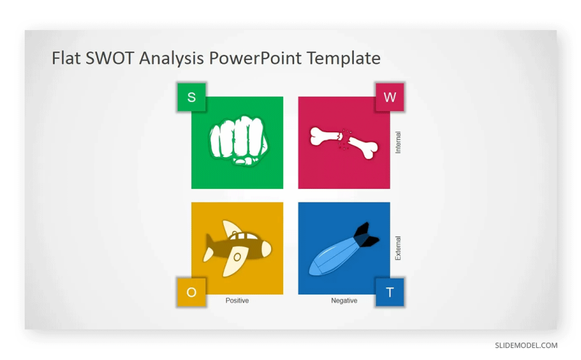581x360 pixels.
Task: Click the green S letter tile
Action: tap(192, 97)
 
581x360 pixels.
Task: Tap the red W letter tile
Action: tap(390, 97)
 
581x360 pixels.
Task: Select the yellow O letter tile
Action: tap(192, 293)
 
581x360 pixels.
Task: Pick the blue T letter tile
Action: tap(390, 293)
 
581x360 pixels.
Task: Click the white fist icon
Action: tap(238, 140)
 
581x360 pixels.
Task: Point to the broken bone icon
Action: tap(344, 143)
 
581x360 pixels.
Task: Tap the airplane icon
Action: tap(237, 248)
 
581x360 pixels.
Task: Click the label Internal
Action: tap(398, 142)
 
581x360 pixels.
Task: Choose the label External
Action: tap(398, 248)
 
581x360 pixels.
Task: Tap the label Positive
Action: tap(237, 301)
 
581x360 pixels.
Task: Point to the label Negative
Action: tap(344, 301)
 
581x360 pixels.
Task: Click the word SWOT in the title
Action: tap(110, 58)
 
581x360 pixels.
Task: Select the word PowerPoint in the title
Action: tap(255, 58)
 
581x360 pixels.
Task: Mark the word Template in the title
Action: tap(344, 59)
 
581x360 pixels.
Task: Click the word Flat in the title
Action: tap(66, 58)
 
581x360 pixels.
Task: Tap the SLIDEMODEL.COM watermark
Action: tap(526, 345)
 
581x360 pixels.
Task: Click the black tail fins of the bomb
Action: tap(366, 235)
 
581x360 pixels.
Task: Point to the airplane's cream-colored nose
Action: tap(266, 248)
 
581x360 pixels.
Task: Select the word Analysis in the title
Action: tap(172, 59)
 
